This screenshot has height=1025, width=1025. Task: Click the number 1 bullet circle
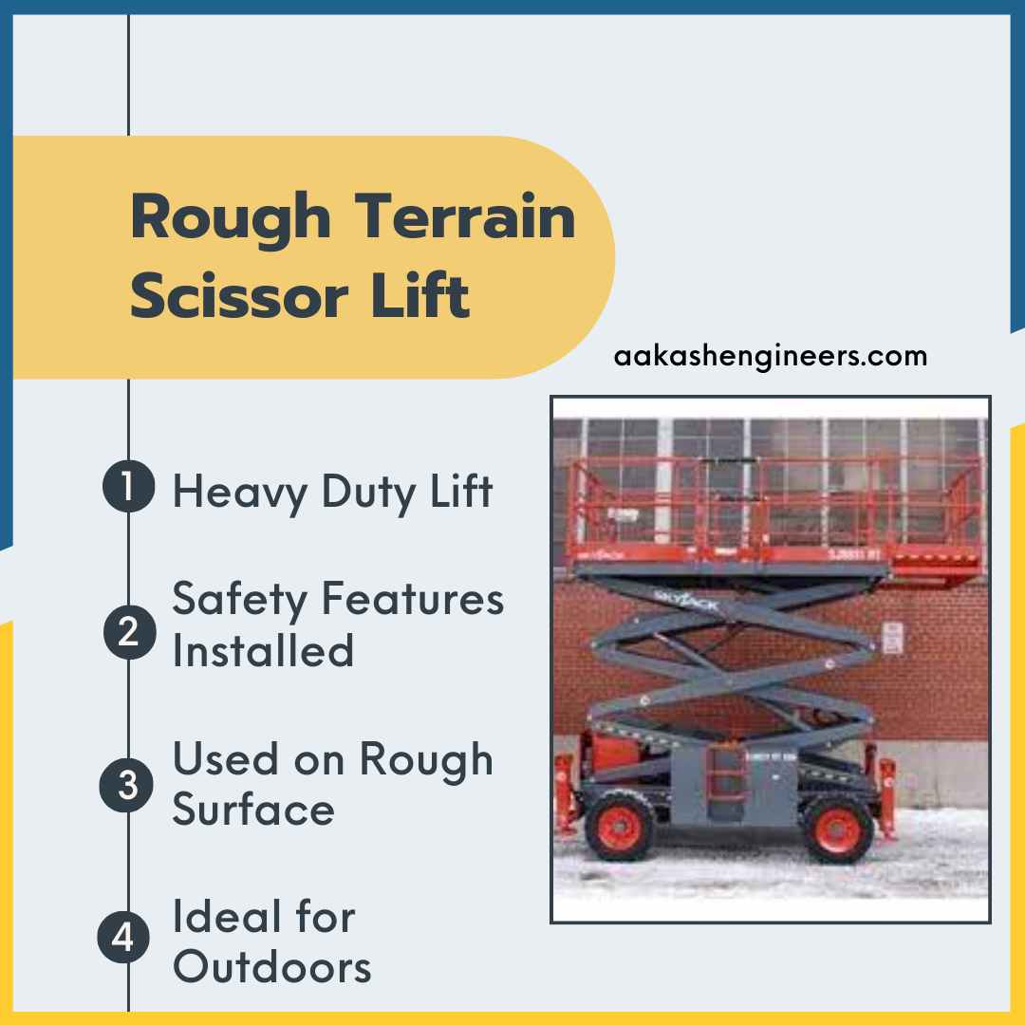coord(128,490)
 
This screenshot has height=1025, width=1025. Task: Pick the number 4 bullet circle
coord(124,938)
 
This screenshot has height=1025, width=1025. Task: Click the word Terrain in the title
coord(467,216)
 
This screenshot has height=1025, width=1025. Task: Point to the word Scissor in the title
coord(237,296)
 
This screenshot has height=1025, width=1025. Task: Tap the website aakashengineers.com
coord(771,357)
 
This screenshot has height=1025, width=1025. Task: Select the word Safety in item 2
coord(240,600)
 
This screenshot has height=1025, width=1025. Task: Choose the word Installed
coord(263,651)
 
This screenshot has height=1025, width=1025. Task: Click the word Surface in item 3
coord(253,810)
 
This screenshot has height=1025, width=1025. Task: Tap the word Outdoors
coord(272,966)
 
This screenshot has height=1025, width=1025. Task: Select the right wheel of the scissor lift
coord(836,828)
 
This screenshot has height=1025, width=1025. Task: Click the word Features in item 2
coord(411,600)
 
